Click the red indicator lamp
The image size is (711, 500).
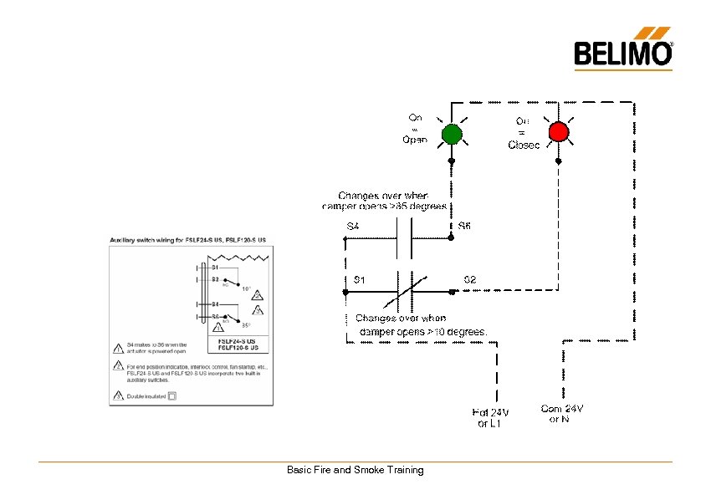[x=558, y=132]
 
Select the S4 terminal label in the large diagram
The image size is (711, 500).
[x=353, y=227]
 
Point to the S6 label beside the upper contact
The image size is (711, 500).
[x=465, y=226]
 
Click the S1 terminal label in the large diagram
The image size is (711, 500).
[x=359, y=279]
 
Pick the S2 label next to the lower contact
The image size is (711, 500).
[x=470, y=279]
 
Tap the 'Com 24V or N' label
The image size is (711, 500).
[x=561, y=413]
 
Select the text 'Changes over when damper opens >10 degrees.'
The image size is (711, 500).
[x=422, y=325]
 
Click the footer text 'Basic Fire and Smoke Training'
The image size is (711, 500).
[x=355, y=470]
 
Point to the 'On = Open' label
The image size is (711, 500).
[x=415, y=129]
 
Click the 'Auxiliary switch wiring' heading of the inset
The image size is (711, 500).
[x=187, y=240]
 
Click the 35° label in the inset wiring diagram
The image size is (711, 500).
[x=246, y=325]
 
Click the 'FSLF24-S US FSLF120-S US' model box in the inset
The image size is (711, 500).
[x=238, y=344]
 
